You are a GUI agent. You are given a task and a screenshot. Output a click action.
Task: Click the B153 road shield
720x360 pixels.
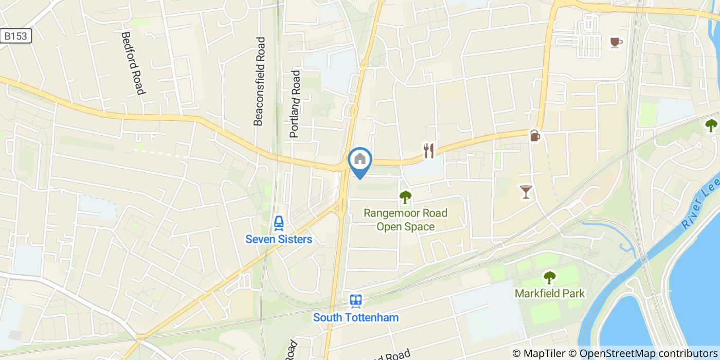pos(16,35)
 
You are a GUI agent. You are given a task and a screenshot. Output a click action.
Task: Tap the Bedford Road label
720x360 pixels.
pos(132,63)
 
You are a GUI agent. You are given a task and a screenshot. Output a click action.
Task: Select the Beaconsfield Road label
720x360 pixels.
pos(260,81)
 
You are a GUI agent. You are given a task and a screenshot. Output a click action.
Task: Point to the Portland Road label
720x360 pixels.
pos(295,104)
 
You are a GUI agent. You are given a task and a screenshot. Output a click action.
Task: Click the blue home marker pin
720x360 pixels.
pos(360,160)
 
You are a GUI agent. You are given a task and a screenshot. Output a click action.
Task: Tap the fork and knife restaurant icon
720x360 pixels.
pos(429,150)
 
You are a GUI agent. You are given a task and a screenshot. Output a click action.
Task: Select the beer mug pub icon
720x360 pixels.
pos(535,136)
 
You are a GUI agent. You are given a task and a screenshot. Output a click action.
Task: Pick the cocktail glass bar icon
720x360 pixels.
pos(525,192)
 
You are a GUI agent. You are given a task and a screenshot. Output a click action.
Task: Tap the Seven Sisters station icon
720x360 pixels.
pos(279,223)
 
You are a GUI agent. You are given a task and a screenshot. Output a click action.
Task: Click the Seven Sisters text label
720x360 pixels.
pos(279,239)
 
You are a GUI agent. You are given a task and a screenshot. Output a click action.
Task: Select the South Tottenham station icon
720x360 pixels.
pos(356,301)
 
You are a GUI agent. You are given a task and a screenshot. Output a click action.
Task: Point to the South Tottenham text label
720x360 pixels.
pos(356,317)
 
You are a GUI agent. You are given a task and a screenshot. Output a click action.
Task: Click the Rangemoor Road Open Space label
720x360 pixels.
pos(405,220)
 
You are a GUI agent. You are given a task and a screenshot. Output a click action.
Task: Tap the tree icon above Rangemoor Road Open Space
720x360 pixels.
pos(405,196)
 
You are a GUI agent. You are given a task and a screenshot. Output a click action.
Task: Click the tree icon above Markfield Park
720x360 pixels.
pos(550,278)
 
